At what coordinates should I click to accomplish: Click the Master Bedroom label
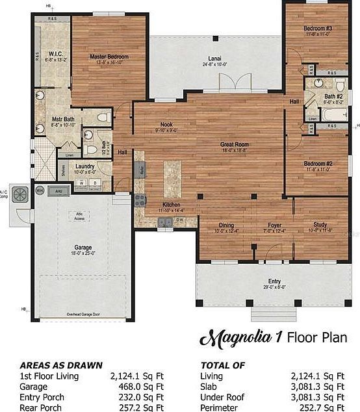(109, 57)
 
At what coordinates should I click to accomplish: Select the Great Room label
(235, 144)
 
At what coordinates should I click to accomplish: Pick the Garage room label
(83, 248)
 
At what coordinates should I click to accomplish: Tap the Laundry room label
(85, 166)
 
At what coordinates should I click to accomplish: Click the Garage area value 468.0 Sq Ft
(142, 387)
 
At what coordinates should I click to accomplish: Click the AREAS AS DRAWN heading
(60, 365)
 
